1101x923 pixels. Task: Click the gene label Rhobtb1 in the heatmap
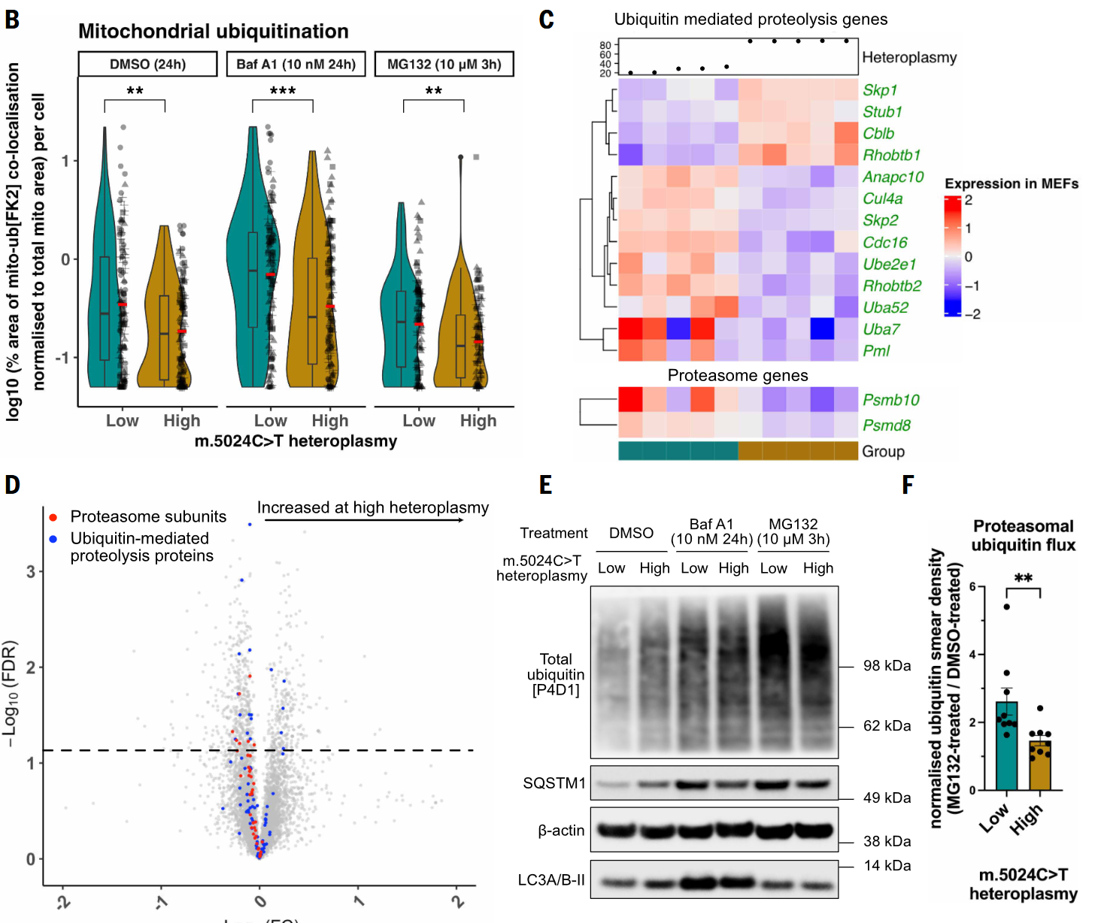pos(891,156)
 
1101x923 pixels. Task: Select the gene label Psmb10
pos(890,400)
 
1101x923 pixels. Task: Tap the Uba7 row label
pos(881,329)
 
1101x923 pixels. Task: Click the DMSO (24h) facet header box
pos(147,64)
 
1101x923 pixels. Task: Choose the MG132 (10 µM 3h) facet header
pos(444,64)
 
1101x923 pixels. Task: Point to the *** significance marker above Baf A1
pos(283,92)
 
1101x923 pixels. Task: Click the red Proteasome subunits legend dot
pos(53,517)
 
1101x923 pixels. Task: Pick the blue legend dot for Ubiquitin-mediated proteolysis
pos(53,539)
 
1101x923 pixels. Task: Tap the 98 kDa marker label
pos(887,666)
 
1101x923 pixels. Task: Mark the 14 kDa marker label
pos(887,866)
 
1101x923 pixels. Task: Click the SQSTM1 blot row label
pos(554,783)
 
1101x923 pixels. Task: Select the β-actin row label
pos(561,831)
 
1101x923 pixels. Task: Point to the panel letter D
pos(12,485)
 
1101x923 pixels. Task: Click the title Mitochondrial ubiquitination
pos(213,32)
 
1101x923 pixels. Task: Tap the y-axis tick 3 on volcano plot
pos(31,572)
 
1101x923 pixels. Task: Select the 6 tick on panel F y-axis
pos(972,587)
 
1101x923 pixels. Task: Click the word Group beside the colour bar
pos(883,452)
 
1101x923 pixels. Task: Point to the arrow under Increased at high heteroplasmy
pos(365,520)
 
